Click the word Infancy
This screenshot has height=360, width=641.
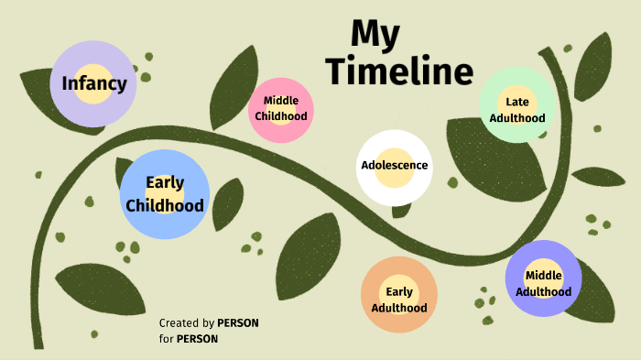[93, 84]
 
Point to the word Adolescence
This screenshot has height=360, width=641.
[394, 166]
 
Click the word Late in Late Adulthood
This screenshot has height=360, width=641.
[517, 103]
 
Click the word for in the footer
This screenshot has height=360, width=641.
[166, 339]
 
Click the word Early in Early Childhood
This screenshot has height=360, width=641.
[165, 183]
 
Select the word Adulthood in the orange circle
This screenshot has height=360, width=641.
[399, 308]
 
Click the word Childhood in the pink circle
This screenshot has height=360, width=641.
[281, 116]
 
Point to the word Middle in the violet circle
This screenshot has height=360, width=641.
[543, 275]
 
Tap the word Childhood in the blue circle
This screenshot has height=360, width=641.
[165, 205]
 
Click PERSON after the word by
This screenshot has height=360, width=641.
[237, 323]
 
